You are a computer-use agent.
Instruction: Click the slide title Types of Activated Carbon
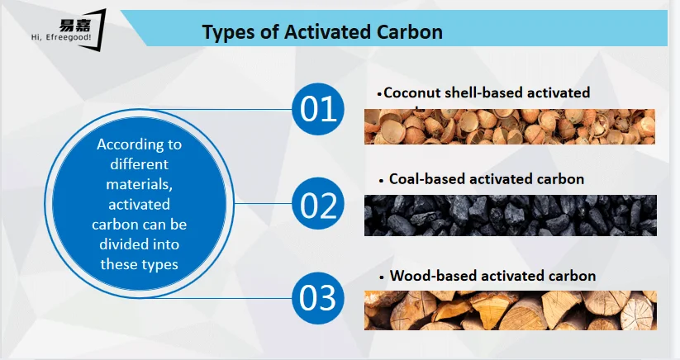(322, 32)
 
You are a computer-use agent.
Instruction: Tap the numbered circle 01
(318, 109)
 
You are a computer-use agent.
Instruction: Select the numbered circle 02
(318, 204)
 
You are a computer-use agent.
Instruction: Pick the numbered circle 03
(318, 298)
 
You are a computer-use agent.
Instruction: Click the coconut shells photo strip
(510, 126)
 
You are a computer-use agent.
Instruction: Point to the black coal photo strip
(511, 216)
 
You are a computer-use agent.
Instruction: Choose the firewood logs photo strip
(511, 310)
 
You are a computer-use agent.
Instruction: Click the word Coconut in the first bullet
(411, 92)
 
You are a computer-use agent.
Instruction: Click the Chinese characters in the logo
(75, 26)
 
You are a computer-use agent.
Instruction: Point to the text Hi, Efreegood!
(61, 38)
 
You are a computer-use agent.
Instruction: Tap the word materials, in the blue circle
(139, 184)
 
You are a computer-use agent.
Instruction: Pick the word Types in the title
(229, 33)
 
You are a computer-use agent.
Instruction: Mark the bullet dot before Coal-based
(382, 181)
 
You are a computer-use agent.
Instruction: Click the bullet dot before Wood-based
(382, 277)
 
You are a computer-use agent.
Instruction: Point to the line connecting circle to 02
(263, 203)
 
